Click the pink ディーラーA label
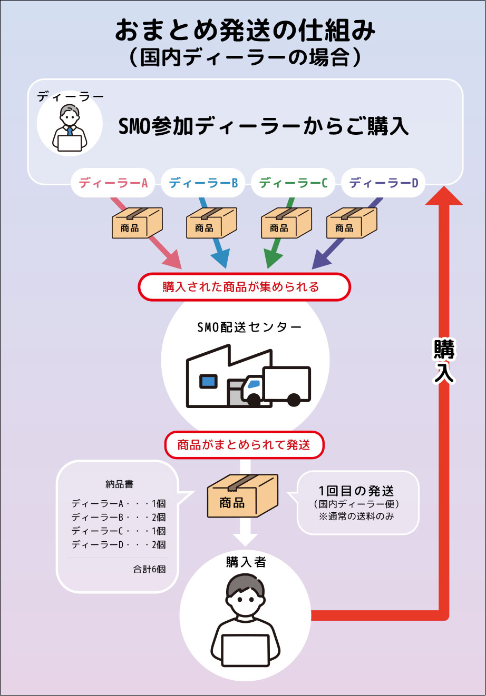(113, 183)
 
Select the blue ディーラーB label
(203, 183)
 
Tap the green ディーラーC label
(294, 183)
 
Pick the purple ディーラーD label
(384, 183)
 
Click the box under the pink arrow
(137, 223)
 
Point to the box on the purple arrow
(352, 223)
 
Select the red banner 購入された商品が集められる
(244, 287)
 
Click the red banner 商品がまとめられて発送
(244, 445)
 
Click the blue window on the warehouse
(208, 381)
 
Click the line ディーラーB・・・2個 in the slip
(118, 516)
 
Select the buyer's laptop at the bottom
(246, 650)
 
